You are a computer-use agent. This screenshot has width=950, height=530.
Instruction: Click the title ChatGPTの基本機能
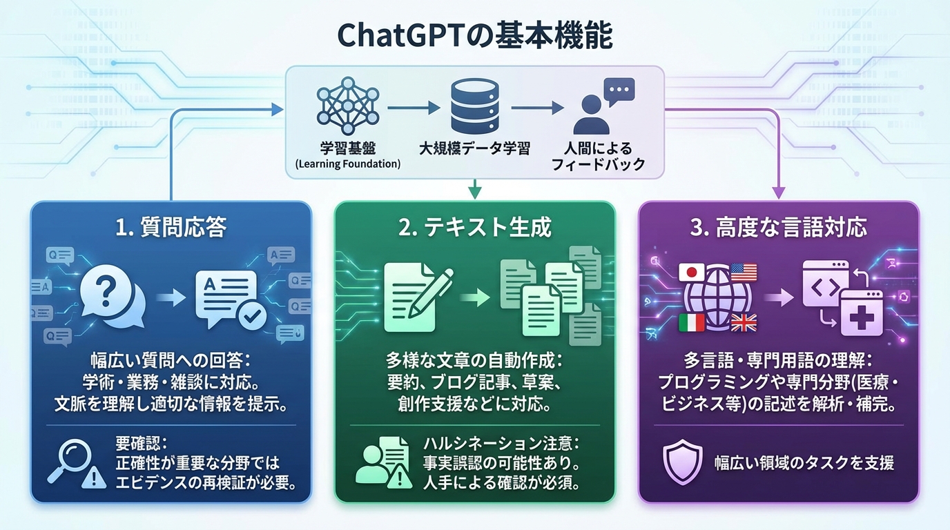(474, 37)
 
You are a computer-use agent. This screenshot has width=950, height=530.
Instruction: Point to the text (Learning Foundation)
(347, 164)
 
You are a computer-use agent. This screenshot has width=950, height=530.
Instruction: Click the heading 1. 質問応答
(171, 228)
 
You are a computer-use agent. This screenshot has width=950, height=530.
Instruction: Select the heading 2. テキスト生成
(475, 228)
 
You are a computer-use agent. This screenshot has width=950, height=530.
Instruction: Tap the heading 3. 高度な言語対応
(778, 228)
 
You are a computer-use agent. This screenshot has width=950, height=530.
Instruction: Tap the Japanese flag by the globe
(692, 273)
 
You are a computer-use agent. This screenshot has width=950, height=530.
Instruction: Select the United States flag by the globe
(744, 272)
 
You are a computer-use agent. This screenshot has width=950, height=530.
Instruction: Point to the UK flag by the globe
(744, 322)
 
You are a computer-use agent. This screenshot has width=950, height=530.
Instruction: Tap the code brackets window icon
(826, 284)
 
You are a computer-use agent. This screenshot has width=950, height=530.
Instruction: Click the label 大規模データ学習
(475, 148)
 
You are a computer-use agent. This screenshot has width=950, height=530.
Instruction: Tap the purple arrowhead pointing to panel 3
(779, 193)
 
